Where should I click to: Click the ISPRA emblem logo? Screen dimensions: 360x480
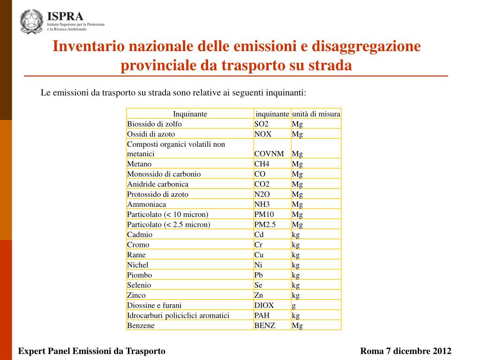click(32, 22)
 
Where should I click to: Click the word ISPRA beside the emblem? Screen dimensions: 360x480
click(65, 16)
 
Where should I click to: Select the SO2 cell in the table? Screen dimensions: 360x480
click(261, 124)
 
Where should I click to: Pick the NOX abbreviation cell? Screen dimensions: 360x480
click(262, 134)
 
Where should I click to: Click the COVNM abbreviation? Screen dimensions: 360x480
click(269, 154)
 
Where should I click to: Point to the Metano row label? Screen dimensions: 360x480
click(139, 164)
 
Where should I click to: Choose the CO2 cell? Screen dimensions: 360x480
click(262, 184)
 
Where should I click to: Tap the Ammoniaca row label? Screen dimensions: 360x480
click(146, 204)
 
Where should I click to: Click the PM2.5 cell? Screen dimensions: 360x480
click(265, 225)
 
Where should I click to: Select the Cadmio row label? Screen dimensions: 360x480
click(140, 235)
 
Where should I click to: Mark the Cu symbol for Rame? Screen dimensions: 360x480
click(259, 255)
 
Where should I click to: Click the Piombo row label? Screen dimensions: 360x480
click(139, 275)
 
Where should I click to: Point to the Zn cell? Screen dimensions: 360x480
click(259, 295)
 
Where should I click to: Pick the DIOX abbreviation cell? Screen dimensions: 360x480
click(264, 306)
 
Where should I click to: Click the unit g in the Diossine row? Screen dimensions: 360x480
click(294, 306)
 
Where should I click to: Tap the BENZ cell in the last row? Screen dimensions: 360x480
click(264, 326)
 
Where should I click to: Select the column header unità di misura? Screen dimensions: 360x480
click(316, 114)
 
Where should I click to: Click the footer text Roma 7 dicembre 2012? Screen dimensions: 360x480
click(405, 351)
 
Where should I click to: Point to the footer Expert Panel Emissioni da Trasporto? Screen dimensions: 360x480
click(91, 351)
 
